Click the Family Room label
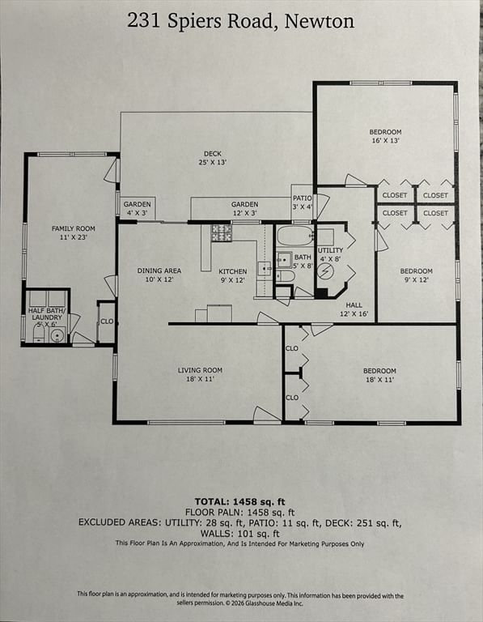coord(74,233)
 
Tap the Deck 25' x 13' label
coord(213,158)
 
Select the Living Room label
coord(200,375)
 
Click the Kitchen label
coord(232,275)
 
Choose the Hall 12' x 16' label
coord(354,309)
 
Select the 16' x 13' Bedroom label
coord(385,136)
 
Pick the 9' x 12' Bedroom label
coord(416,275)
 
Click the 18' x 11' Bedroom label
coord(379,375)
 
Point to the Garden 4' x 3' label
coord(138,208)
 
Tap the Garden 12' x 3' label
coord(244,208)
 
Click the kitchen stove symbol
coord(222,233)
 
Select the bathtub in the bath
coord(294,236)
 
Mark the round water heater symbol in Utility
coord(325,271)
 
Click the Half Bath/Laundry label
coord(46,315)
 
